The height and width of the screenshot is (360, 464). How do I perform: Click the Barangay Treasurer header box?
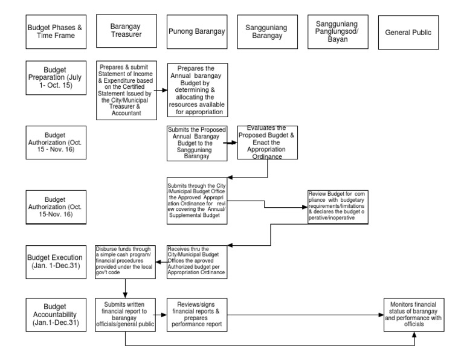tap(125, 31)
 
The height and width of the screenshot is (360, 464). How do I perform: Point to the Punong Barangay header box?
tap(196, 31)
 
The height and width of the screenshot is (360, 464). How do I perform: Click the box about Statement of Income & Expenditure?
tap(126, 89)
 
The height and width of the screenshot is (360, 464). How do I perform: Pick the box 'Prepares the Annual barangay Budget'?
tap(198, 89)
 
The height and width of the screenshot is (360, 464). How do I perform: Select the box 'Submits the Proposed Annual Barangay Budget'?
tap(195, 143)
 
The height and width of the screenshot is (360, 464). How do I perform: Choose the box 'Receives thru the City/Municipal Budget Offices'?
tap(197, 260)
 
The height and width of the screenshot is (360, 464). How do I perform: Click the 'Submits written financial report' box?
tap(125, 315)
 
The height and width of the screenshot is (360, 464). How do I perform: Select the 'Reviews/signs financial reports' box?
tap(197, 315)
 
